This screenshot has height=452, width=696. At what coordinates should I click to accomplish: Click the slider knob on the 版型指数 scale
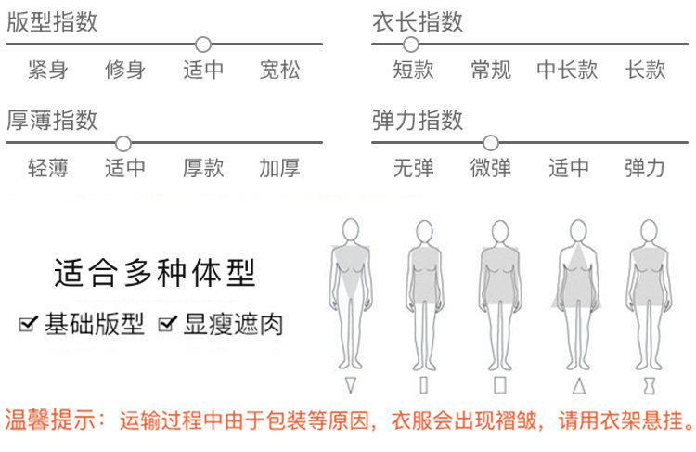click(x=203, y=44)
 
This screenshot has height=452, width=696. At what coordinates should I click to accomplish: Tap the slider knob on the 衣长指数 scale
click(x=411, y=44)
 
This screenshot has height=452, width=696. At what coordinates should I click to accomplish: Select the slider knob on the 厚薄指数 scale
click(x=122, y=143)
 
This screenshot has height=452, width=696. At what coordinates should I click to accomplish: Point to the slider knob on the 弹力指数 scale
click(x=491, y=143)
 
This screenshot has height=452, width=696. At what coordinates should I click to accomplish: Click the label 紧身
click(x=47, y=70)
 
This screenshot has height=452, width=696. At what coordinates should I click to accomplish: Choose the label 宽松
click(x=280, y=70)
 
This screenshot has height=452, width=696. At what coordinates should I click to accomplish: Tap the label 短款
click(x=413, y=70)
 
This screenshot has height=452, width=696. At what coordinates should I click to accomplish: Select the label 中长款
click(x=567, y=70)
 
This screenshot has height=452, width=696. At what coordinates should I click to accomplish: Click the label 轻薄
click(x=47, y=169)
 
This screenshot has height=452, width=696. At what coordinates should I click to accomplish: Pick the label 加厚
click(x=280, y=169)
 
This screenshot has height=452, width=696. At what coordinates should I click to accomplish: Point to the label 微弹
click(x=491, y=169)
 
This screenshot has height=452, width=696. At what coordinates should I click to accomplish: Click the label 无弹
click(x=413, y=169)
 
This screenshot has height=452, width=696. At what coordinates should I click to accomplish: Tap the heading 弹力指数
click(x=418, y=120)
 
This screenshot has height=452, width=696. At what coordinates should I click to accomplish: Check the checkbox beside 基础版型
click(x=27, y=324)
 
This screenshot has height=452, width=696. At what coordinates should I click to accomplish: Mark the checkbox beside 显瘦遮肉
click(x=167, y=324)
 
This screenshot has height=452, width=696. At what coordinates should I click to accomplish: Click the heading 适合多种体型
click(x=154, y=274)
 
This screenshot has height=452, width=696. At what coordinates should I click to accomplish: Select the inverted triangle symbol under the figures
click(x=350, y=384)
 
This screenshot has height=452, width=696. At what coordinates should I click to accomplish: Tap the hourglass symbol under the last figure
click(x=649, y=384)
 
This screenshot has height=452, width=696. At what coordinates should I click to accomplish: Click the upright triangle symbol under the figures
click(x=579, y=384)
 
